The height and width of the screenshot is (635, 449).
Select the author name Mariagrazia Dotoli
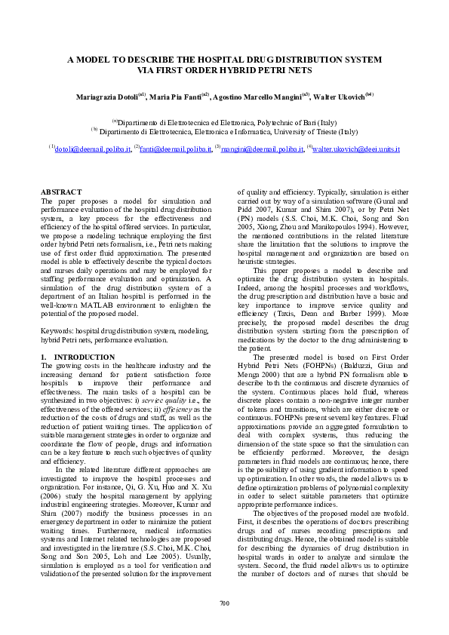(106, 97)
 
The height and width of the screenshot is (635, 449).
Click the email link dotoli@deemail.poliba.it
(93, 149)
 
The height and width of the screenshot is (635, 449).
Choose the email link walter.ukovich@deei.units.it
(356, 149)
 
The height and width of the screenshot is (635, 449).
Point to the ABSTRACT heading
(60, 193)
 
